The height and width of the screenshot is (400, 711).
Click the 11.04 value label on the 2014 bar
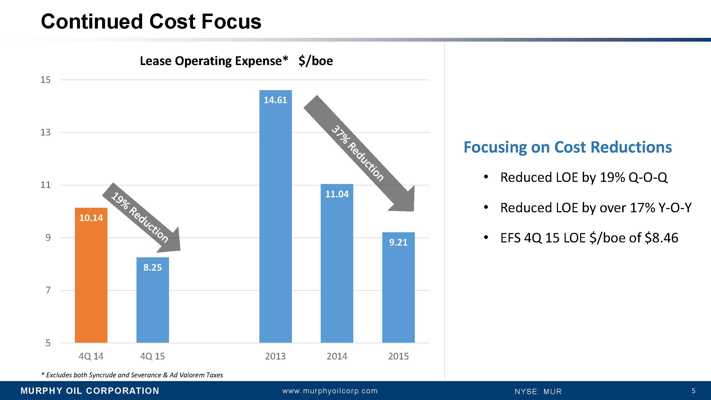337,194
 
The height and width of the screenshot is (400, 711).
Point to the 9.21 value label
398,242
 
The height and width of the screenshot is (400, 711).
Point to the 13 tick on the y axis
46,133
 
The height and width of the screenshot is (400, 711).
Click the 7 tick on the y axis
48,290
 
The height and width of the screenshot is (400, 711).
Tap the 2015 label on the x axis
398,356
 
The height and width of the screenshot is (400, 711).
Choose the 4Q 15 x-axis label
152,356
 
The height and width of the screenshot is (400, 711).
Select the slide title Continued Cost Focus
151,22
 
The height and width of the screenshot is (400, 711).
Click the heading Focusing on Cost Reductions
568,147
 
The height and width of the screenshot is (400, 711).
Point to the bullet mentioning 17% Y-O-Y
596,207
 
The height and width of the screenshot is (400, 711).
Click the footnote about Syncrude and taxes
132,375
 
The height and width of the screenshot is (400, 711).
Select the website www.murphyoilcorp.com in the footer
330,391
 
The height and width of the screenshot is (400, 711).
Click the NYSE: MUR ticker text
538,391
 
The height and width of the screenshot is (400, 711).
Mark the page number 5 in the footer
693,391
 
